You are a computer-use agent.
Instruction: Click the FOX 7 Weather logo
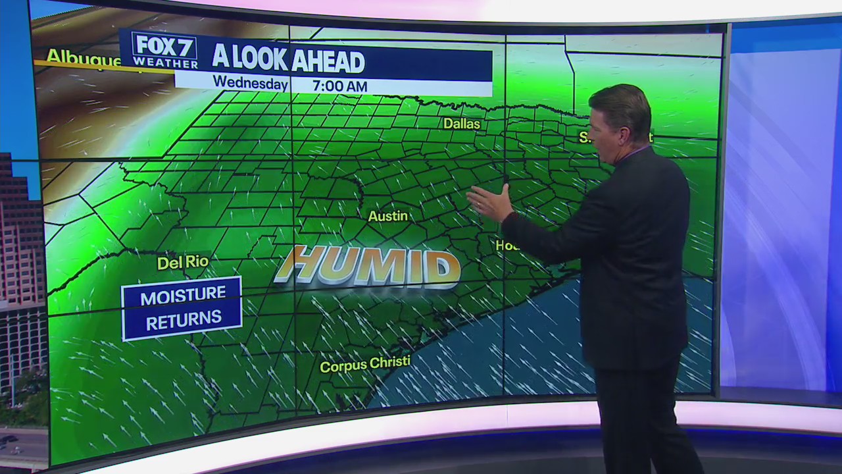point(165,50)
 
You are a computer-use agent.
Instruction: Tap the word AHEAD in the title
point(328,61)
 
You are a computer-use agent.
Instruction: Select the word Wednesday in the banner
point(250,84)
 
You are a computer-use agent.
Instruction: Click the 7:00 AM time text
point(339,86)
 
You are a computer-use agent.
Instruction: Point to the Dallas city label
point(461,123)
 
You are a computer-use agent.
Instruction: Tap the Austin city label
point(387,216)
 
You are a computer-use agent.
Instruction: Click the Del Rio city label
point(183,262)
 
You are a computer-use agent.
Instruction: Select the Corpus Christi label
point(364,363)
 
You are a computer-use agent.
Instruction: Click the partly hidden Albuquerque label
point(82,57)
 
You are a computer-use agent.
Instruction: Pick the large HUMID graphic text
point(368,267)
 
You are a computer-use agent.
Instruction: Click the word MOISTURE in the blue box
point(183,296)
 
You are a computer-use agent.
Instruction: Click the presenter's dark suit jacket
point(631,263)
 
